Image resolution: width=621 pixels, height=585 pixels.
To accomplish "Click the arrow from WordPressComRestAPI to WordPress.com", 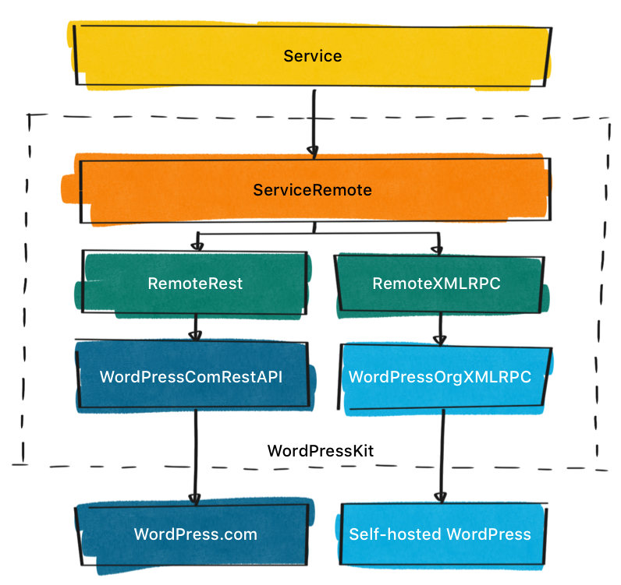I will click(x=193, y=452).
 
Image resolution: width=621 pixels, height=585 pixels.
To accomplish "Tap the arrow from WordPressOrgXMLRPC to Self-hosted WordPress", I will click(x=443, y=452).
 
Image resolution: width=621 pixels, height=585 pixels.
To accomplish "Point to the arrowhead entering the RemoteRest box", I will click(x=197, y=246).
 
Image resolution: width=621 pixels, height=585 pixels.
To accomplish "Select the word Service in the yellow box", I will click(x=313, y=56).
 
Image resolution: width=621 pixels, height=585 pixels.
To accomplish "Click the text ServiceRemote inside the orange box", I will click(x=312, y=191).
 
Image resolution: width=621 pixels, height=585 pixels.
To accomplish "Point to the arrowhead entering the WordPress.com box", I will click(x=194, y=499).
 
